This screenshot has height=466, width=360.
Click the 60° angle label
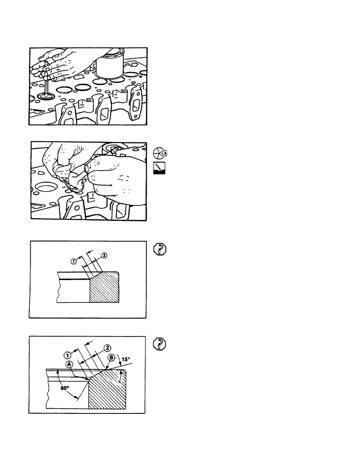click(65, 388)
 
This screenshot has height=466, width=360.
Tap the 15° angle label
click(126, 359)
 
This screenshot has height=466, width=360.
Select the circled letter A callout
click(69, 364)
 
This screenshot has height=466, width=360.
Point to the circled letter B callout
click(111, 357)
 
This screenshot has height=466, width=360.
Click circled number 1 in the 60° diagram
click(67, 355)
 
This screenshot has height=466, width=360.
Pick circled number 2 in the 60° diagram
click(107, 348)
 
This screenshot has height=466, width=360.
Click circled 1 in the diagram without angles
click(73, 261)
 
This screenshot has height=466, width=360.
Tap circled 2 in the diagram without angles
click(104, 255)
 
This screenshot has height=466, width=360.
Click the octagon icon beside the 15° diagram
click(160, 344)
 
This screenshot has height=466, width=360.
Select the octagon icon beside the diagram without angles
click(160, 249)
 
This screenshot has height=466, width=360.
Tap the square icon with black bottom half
click(159, 168)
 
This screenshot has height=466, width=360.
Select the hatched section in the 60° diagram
click(107, 390)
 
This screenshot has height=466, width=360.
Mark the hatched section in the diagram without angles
click(104, 287)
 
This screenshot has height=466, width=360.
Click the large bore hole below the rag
click(47, 188)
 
